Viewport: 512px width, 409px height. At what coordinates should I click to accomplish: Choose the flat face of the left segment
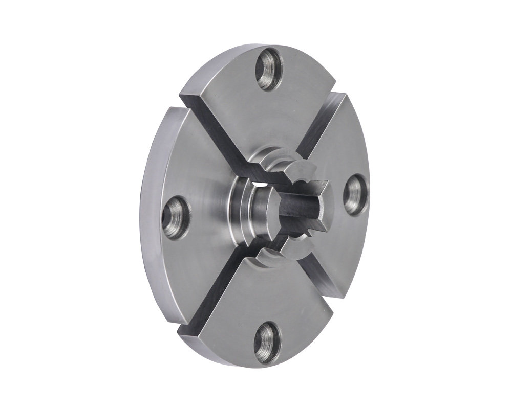pyautogui.click(x=189, y=174)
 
